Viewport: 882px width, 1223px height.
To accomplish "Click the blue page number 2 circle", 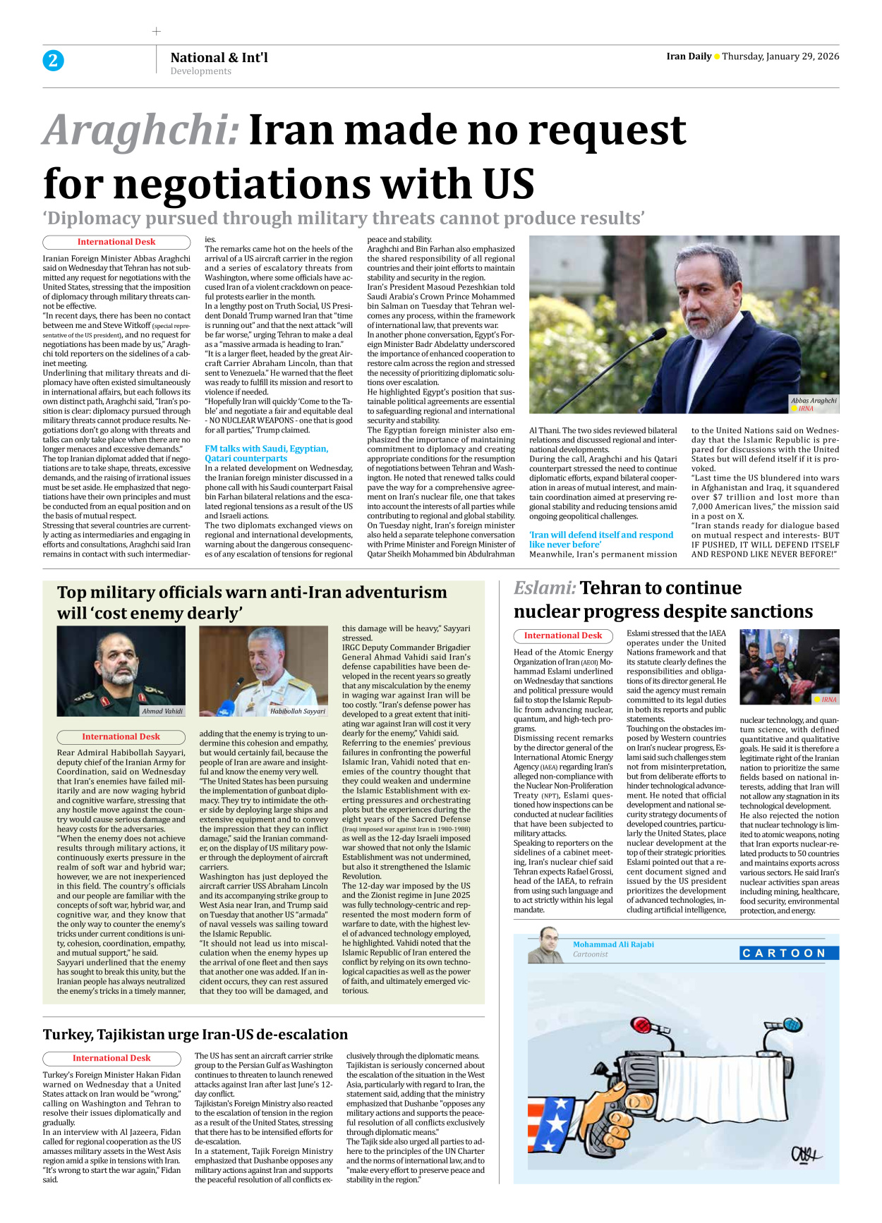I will pos(53,61).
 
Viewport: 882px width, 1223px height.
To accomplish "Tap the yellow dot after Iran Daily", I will pos(717,56).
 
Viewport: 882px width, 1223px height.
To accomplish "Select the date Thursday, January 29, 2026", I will pos(780,56).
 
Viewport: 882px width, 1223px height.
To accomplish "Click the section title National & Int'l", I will pos(219,58).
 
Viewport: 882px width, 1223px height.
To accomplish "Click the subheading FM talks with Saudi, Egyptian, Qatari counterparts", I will pos(266,454).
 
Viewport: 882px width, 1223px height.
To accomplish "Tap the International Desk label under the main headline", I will pos(116,242).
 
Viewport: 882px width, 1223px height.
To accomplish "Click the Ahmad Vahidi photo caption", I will pos(162,711).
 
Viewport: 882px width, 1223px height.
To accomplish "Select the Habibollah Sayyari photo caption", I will pos(298,711).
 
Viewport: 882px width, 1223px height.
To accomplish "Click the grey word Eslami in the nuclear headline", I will pos(544,588).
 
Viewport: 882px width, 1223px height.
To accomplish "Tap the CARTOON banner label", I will pos(789,954).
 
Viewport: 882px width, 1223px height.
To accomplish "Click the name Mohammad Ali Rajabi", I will pos(613,944).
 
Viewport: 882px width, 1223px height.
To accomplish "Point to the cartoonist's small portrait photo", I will pos(545,945).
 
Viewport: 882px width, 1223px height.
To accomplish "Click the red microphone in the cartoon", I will pos(642,1025).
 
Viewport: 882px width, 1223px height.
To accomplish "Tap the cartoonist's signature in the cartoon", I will pos(805,1155).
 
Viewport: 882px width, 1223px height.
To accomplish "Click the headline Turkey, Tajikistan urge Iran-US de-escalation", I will pos(195,1035).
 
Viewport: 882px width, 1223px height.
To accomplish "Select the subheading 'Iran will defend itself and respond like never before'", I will pos(601,540).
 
